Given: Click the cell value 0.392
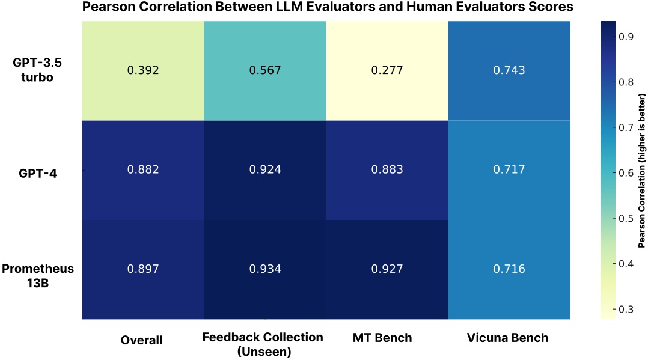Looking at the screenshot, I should pos(143,70).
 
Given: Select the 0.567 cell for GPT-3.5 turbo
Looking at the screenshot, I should pos(265,70).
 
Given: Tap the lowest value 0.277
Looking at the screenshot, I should pos(387,70).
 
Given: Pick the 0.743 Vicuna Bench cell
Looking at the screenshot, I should pos(509,70).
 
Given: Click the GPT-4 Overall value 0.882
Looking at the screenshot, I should pos(143,169).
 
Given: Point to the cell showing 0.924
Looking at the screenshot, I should pos(265,169).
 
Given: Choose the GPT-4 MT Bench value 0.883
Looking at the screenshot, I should pos(387,169).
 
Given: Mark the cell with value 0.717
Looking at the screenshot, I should pos(509,169).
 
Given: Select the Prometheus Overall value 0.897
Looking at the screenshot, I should pos(143,269).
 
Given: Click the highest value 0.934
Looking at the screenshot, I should pos(265,269).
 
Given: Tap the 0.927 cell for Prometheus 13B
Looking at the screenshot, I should pos(387,269).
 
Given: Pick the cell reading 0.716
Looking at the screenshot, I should pos(509,269).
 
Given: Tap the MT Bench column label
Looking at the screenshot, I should pos(383,338).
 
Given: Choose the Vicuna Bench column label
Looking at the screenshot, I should pos(507,338).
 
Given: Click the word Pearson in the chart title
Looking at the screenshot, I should pos(104,7).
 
